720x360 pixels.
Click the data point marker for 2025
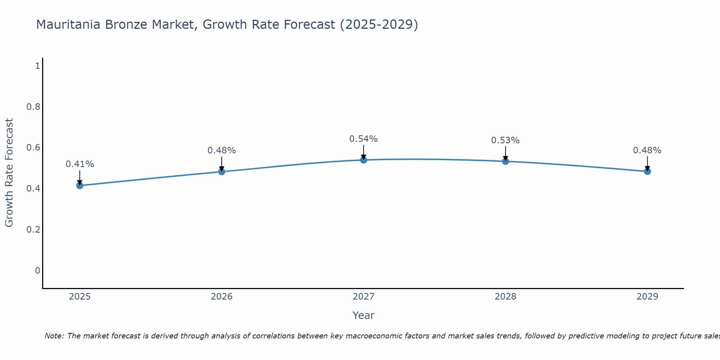[80, 185]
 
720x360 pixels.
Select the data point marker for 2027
[364, 160]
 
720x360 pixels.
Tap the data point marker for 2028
[505, 161]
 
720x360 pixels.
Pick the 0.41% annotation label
[80, 164]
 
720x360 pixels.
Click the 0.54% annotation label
[364, 139]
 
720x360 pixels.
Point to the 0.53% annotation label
[505, 140]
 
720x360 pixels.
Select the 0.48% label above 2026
[221, 150]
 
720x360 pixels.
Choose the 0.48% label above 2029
[647, 150]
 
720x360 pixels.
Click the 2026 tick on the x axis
[221, 297]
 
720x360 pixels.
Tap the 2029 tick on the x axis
[647, 297]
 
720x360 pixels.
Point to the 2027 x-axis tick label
[364, 297]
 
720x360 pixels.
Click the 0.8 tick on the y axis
[33, 107]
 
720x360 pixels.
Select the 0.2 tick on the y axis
[33, 230]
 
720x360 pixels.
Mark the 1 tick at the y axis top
[37, 66]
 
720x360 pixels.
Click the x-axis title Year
[364, 315]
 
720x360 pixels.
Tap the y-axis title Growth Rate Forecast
[9, 173]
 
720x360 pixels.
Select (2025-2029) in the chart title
[379, 25]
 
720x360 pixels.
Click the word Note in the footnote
[54, 336]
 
